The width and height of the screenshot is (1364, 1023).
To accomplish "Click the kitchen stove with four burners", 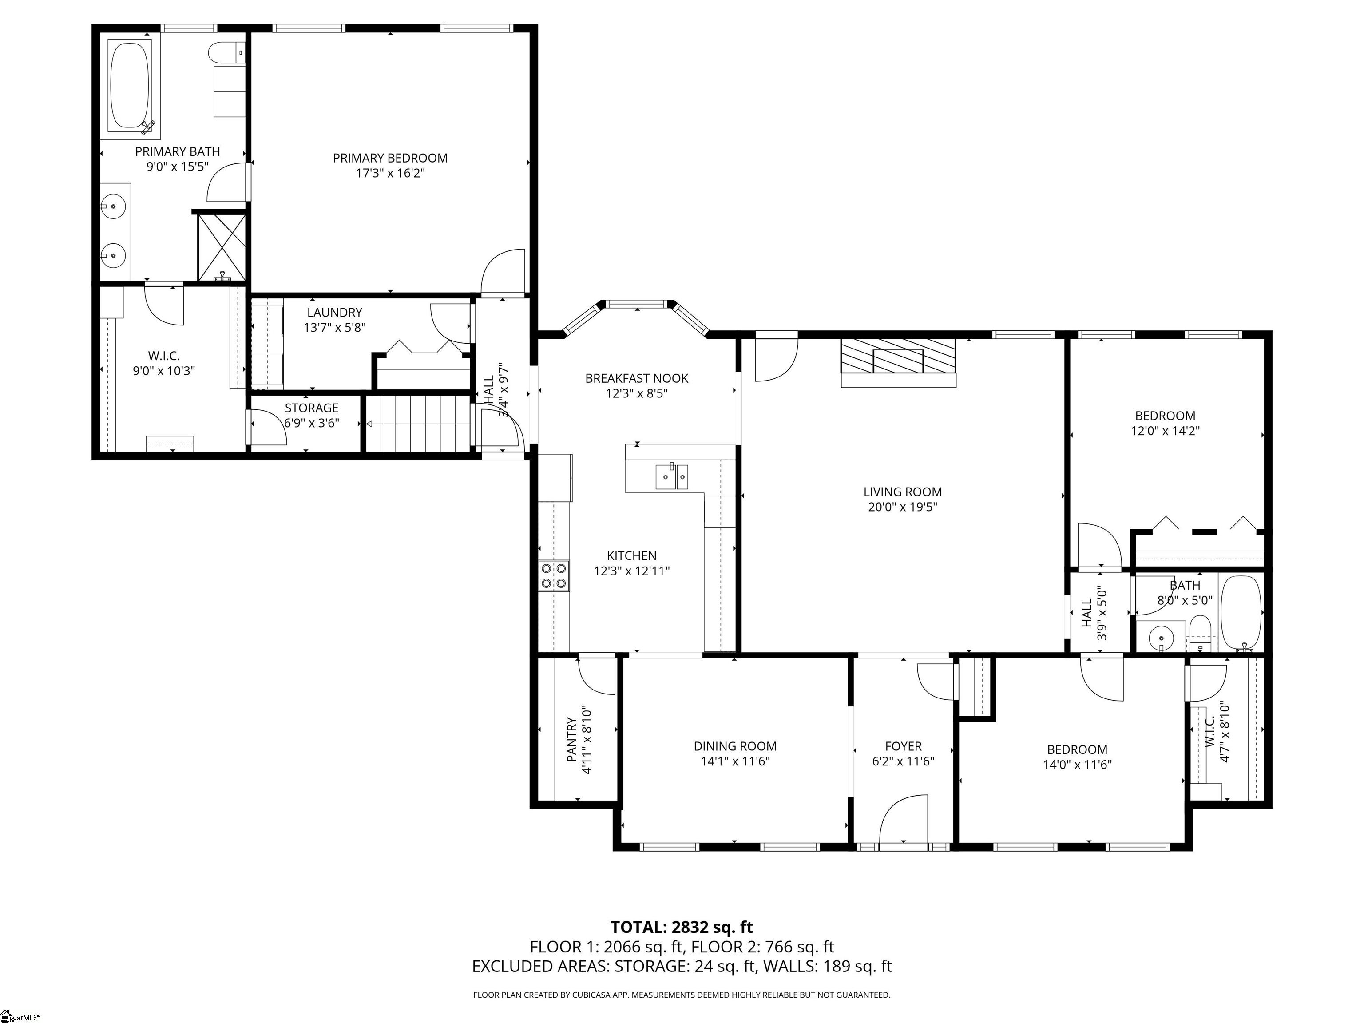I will pyautogui.click(x=554, y=576).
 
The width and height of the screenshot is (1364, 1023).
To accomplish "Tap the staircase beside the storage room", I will pyautogui.click(x=419, y=424).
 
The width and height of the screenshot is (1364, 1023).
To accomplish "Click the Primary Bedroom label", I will pyautogui.click(x=390, y=158).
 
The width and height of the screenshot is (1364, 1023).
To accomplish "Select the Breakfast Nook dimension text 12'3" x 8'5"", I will pyautogui.click(x=636, y=393).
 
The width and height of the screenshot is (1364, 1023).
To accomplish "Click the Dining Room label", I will pyautogui.click(x=735, y=746).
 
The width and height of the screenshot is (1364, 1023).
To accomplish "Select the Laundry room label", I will pyautogui.click(x=334, y=313).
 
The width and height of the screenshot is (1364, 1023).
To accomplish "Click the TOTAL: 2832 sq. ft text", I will pyautogui.click(x=682, y=927).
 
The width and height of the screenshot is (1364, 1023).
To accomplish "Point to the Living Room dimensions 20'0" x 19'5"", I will pyautogui.click(x=902, y=507).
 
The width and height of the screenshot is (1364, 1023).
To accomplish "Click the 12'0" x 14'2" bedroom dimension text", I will pyautogui.click(x=1165, y=431).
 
